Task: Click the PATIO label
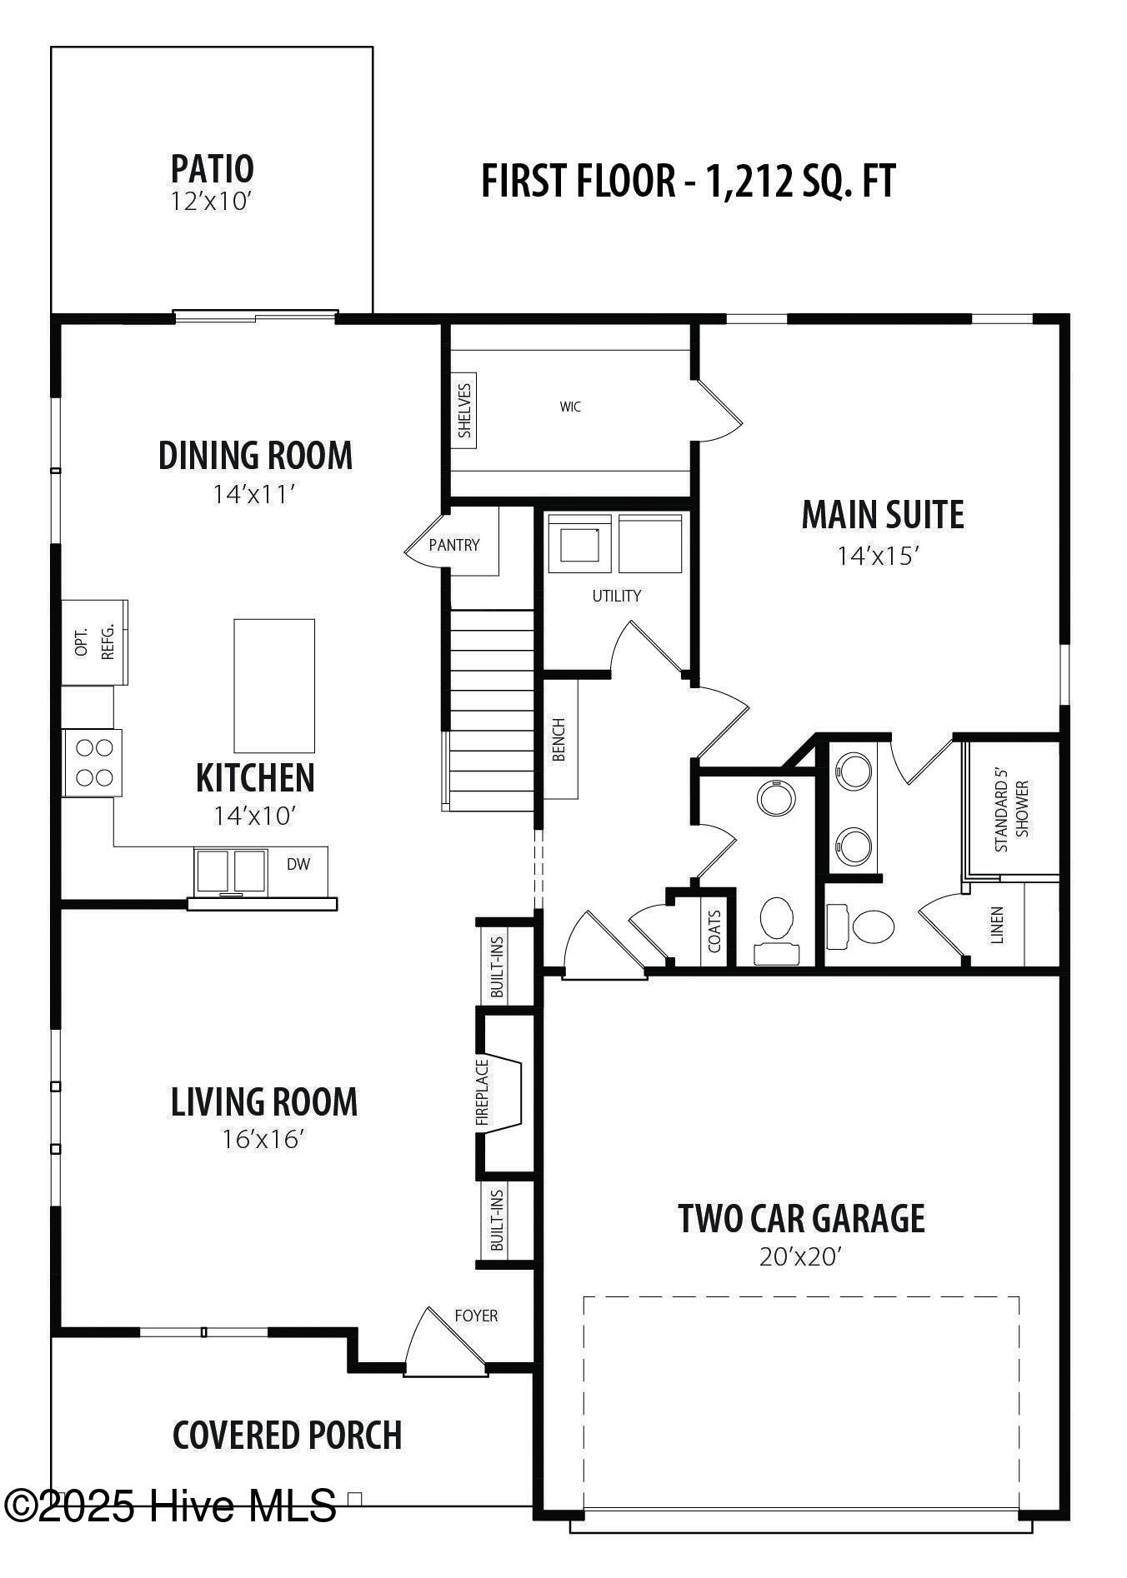[x=212, y=168]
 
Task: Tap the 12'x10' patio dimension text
[x=212, y=202]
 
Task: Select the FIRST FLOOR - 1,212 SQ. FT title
[x=689, y=181]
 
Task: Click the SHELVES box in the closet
[x=464, y=410]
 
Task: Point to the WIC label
[x=571, y=407]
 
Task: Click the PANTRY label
[x=454, y=545]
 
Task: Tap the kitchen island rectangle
[x=274, y=686]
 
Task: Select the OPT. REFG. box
[x=94, y=642]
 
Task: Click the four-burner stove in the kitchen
[x=93, y=762]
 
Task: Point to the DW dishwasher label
[x=298, y=864]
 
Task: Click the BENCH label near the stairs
[x=558, y=739]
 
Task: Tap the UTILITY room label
[x=617, y=596]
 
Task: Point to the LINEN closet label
[x=997, y=925]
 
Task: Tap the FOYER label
[x=476, y=1316]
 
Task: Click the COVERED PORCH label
[x=288, y=1435]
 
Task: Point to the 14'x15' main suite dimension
[x=878, y=556]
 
